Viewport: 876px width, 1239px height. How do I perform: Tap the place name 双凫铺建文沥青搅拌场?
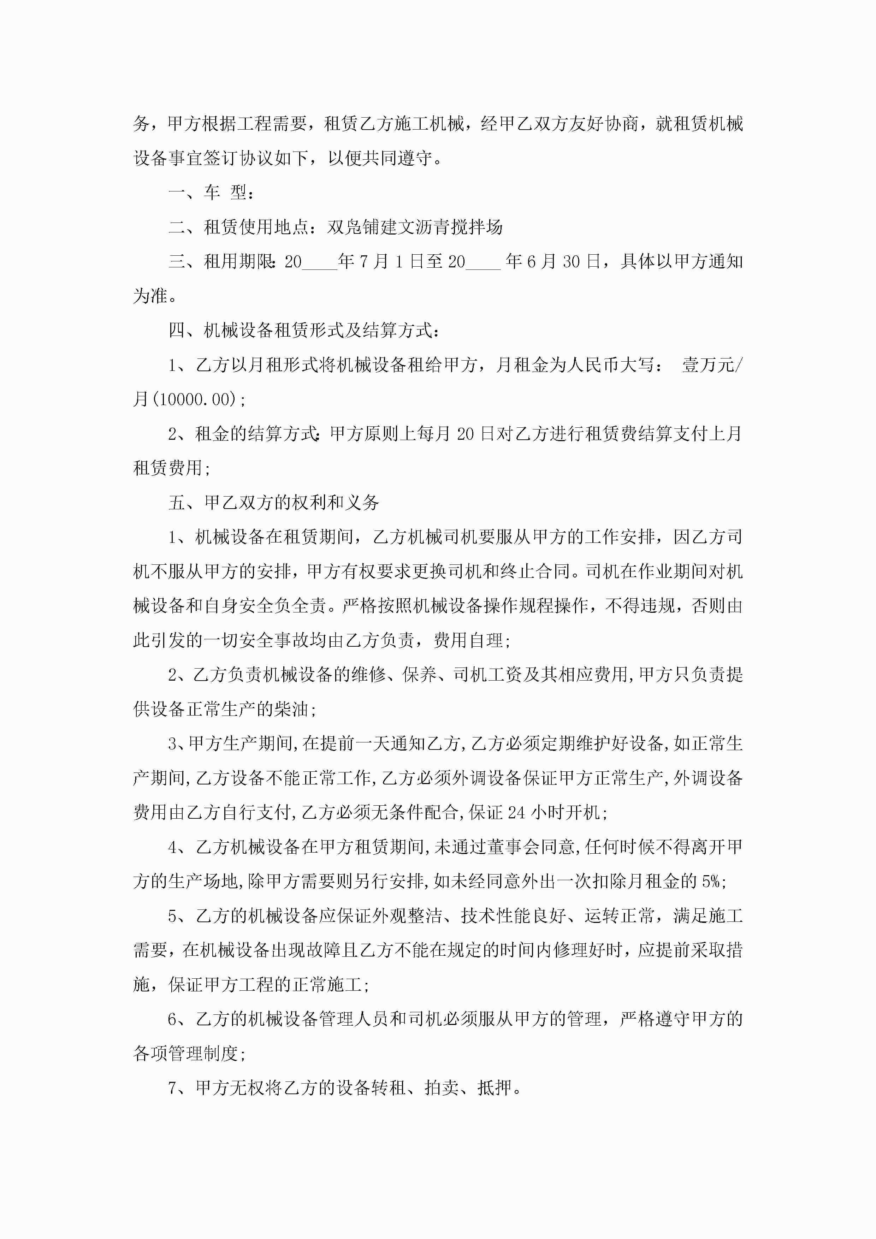point(415,227)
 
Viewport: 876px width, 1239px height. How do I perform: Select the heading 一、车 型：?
point(211,192)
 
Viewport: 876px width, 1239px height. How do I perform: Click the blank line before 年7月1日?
point(320,263)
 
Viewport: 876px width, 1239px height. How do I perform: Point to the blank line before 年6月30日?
point(483,263)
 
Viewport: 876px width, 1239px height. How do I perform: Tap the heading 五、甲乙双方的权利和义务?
point(274,503)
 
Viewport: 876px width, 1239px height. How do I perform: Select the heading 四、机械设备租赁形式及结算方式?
point(304,330)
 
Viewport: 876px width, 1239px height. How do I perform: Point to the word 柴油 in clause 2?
point(291,709)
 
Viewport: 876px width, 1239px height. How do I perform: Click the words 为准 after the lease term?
point(150,296)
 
